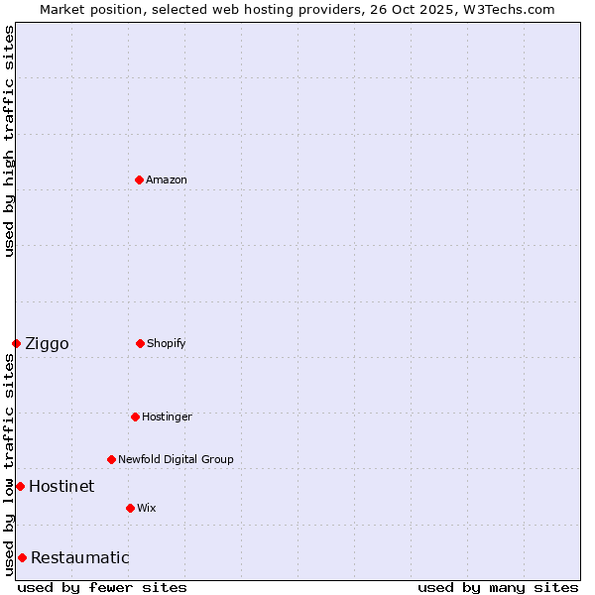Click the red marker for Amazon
[140, 179]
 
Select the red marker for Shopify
[141, 343]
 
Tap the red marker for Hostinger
[136, 416]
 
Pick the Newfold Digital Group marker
[112, 459]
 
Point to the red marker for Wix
[131, 508]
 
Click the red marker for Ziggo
[17, 343]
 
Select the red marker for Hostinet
[21, 486]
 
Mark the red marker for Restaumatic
[23, 557]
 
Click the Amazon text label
[167, 179]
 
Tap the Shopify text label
[167, 343]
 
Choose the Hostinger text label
[167, 416]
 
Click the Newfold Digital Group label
[176, 459]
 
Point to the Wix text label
[147, 508]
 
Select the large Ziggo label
[47, 344]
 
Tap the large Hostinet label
[61, 486]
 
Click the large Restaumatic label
[79, 557]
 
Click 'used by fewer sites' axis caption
[102, 587]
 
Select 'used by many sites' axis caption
[498, 587]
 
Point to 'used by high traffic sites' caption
[9, 142]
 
